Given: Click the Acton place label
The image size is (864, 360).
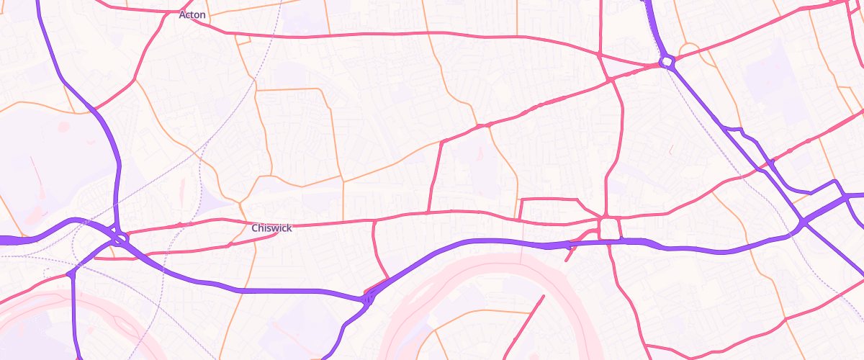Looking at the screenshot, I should tap(192, 14).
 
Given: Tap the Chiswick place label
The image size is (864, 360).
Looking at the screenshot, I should tap(271, 228).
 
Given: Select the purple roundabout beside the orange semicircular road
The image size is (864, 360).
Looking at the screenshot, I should tap(667, 62).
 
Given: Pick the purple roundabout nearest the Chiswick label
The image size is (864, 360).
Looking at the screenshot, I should tap(120, 236).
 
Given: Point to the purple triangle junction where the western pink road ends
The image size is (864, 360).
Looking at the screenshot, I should tap(73, 274).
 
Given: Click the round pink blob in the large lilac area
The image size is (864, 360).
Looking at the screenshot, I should tap(63, 127).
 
